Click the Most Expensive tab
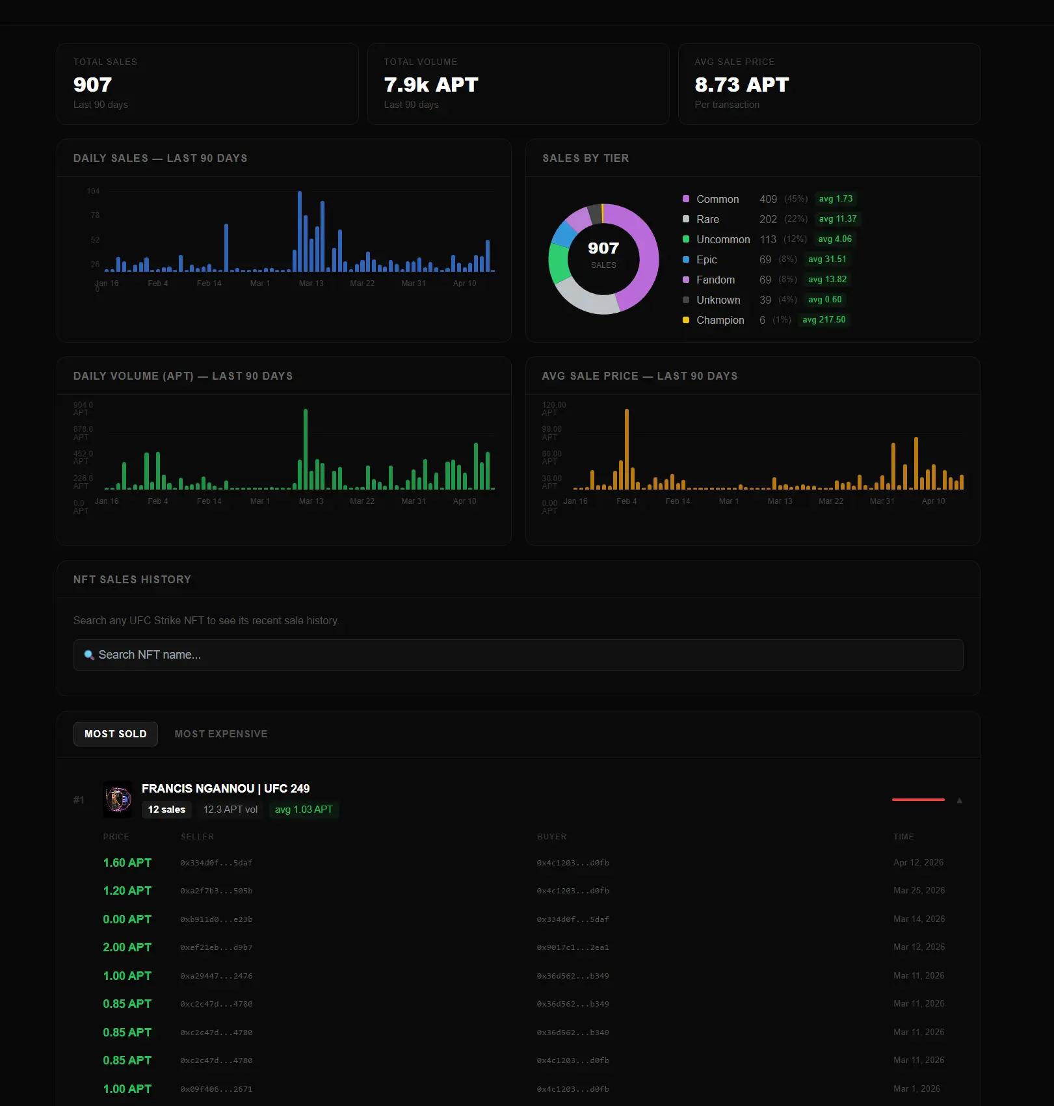tap(220, 733)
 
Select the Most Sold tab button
tap(115, 733)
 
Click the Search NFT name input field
tap(518, 655)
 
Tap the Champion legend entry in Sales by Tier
tap(720, 320)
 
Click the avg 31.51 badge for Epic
tap(826, 259)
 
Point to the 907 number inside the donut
tap(603, 248)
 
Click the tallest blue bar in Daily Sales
tap(300, 231)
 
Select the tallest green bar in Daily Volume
tap(306, 449)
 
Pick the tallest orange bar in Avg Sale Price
tap(627, 449)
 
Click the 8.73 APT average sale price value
tap(741, 85)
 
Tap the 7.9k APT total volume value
tap(430, 85)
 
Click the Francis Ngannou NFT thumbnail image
tap(118, 799)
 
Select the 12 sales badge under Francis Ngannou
tap(166, 810)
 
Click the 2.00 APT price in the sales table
tap(127, 947)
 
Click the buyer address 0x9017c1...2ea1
tap(572, 947)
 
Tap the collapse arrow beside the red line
tap(959, 800)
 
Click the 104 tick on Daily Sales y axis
tap(93, 191)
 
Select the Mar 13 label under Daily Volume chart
tap(311, 501)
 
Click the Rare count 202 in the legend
tap(768, 219)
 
